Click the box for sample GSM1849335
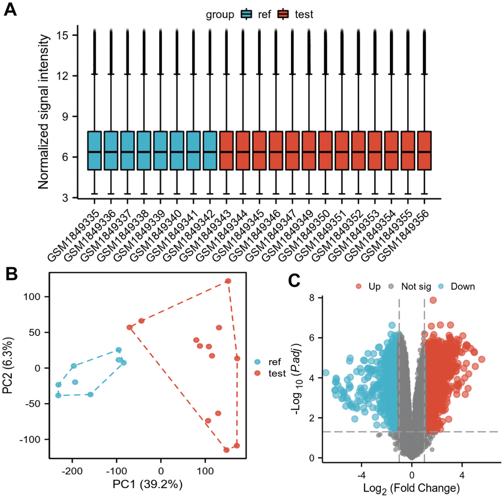coord(94,151)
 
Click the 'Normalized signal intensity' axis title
coord(43,111)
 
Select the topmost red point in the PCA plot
coord(228,281)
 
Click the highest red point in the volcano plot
coord(433,300)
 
